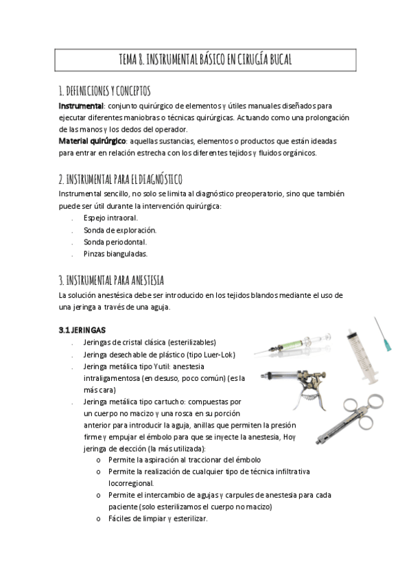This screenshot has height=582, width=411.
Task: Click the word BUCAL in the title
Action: point(274,60)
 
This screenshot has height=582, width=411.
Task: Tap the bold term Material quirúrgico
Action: point(92,141)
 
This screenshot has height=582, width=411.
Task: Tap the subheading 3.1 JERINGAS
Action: point(82,330)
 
